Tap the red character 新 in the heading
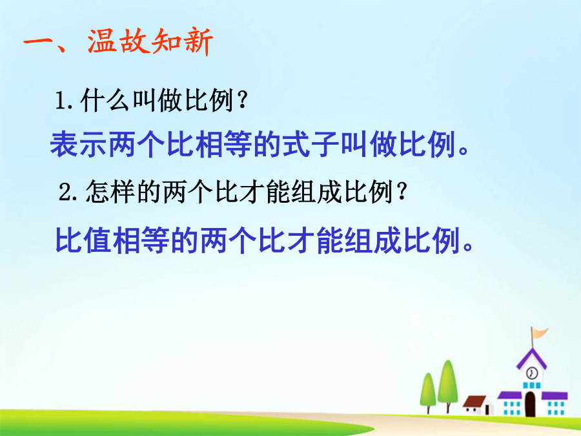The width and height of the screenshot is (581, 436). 198,42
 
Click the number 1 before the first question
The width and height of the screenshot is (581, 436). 61,101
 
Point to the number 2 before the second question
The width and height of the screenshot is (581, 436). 65,192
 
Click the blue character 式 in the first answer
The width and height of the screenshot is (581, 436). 296,144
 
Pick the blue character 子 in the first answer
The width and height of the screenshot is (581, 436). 325,144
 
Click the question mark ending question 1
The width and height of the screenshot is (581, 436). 243,100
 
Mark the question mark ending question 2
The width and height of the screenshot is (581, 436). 402,191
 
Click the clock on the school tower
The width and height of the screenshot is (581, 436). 532,373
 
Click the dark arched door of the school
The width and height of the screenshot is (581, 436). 530,404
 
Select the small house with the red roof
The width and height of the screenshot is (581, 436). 478,405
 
